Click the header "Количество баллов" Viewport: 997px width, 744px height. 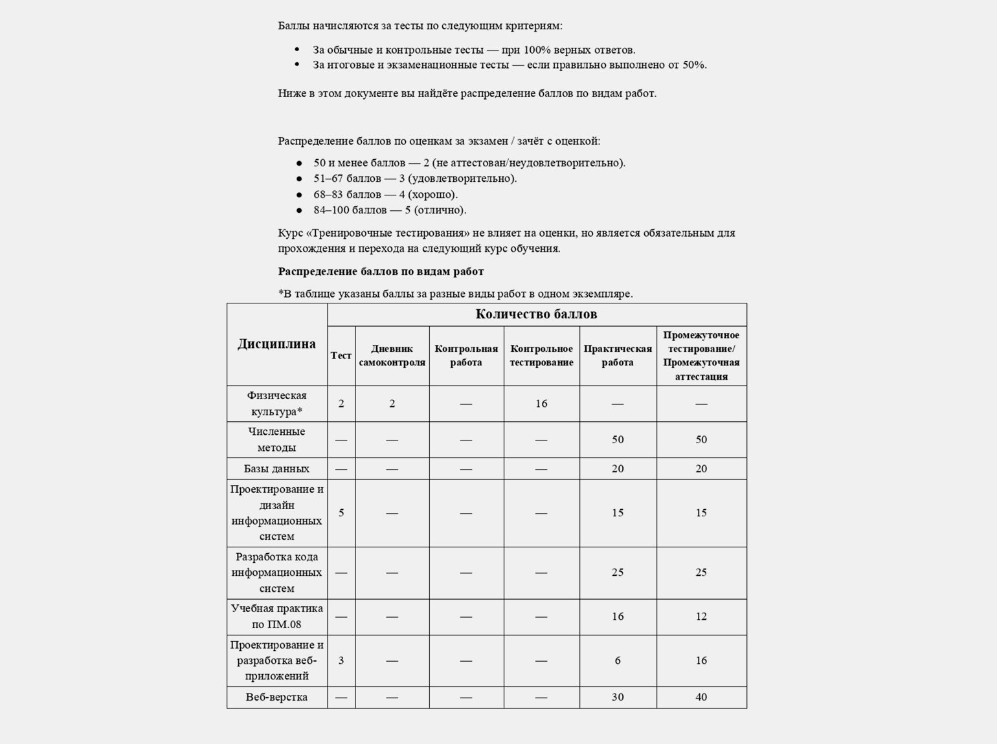click(x=536, y=314)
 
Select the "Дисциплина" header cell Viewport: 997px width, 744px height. click(x=276, y=344)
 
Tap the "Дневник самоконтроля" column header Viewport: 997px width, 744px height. click(x=392, y=355)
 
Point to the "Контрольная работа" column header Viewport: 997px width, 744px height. click(x=466, y=355)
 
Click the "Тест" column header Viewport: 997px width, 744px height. click(x=341, y=355)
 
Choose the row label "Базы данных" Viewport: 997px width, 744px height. click(x=276, y=468)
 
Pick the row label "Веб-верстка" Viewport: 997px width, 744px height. click(x=276, y=697)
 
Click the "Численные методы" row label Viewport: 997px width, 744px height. click(x=276, y=439)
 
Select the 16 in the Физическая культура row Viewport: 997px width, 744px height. click(x=541, y=404)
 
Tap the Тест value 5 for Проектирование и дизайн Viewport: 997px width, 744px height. click(x=341, y=512)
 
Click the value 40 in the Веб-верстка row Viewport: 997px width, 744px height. click(x=701, y=697)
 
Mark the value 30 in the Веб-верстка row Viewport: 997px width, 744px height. click(x=618, y=697)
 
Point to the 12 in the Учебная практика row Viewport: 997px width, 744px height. click(x=701, y=617)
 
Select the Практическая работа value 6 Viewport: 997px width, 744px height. click(x=618, y=661)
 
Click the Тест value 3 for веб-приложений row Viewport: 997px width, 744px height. click(x=341, y=661)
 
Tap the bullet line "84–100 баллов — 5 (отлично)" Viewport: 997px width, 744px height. click(x=390, y=210)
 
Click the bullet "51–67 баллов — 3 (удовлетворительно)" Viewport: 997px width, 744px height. click(x=415, y=179)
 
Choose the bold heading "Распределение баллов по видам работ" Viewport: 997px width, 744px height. click(x=381, y=271)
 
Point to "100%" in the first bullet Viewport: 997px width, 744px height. click(x=537, y=50)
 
